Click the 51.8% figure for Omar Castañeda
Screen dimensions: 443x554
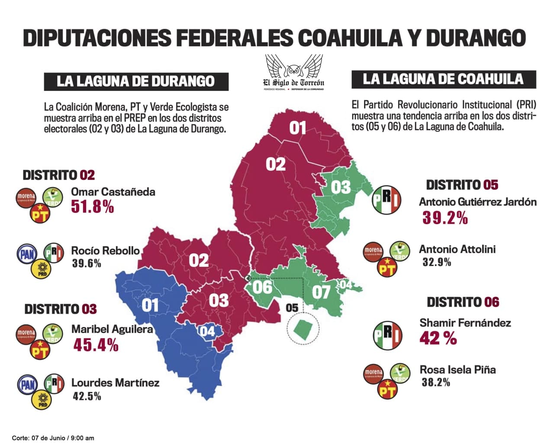(92, 207)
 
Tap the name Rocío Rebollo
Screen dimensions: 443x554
(105, 250)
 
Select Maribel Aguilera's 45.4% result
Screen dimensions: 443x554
(95, 345)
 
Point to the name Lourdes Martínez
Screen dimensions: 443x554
(115, 383)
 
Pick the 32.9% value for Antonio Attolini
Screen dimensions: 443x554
(437, 262)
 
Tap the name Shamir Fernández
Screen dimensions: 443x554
(465, 323)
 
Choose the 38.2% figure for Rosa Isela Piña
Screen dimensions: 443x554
(435, 382)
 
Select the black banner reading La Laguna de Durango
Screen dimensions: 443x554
(136, 81)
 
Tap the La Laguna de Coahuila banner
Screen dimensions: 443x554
(443, 79)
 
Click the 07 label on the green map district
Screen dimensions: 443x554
(321, 292)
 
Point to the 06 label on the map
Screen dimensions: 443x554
(263, 287)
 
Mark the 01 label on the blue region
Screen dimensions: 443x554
(150, 305)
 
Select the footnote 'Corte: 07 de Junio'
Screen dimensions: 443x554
(53, 438)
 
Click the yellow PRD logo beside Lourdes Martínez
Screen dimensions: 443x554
(42, 400)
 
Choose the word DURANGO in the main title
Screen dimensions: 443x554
(476, 38)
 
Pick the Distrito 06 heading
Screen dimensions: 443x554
(463, 302)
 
